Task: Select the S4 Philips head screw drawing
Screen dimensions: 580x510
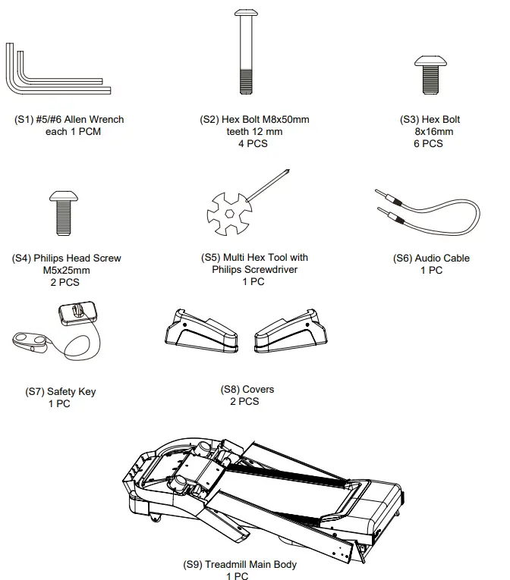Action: (x=64, y=212)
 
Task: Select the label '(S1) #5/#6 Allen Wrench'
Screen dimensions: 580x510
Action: (x=69, y=120)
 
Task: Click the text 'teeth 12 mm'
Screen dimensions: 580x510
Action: (x=254, y=132)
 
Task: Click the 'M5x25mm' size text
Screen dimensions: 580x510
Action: (x=66, y=271)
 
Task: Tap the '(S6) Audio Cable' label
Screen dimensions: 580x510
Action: (x=431, y=259)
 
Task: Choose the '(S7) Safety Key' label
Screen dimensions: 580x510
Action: (x=61, y=392)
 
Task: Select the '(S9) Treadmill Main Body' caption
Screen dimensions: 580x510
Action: (x=240, y=565)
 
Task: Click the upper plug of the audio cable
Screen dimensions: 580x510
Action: (x=387, y=197)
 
